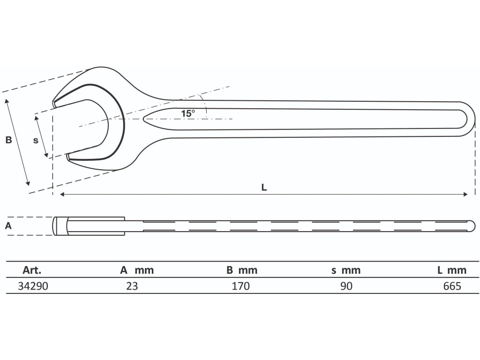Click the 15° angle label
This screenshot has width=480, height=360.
(187, 113)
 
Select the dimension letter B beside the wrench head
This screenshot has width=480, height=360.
(8, 140)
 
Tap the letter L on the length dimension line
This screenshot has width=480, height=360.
(264, 187)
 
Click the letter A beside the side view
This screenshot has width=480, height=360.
(7, 225)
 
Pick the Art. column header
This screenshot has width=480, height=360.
(32, 270)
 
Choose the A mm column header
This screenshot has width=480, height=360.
(136, 270)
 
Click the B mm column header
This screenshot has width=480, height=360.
(241, 270)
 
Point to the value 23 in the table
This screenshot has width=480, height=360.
(132, 286)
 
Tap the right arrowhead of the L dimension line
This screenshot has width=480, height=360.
(466, 194)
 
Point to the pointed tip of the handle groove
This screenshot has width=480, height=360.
(145, 119)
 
